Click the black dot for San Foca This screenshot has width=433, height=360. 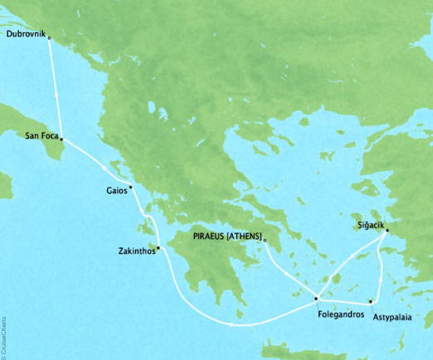pyautogui.click(x=61, y=140)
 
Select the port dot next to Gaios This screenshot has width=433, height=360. pyautogui.click(x=131, y=187)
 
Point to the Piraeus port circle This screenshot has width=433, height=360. pyautogui.click(x=265, y=241)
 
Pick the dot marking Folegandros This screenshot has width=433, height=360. pyautogui.click(x=316, y=298)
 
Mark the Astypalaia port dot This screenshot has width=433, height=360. pyautogui.click(x=370, y=300)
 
